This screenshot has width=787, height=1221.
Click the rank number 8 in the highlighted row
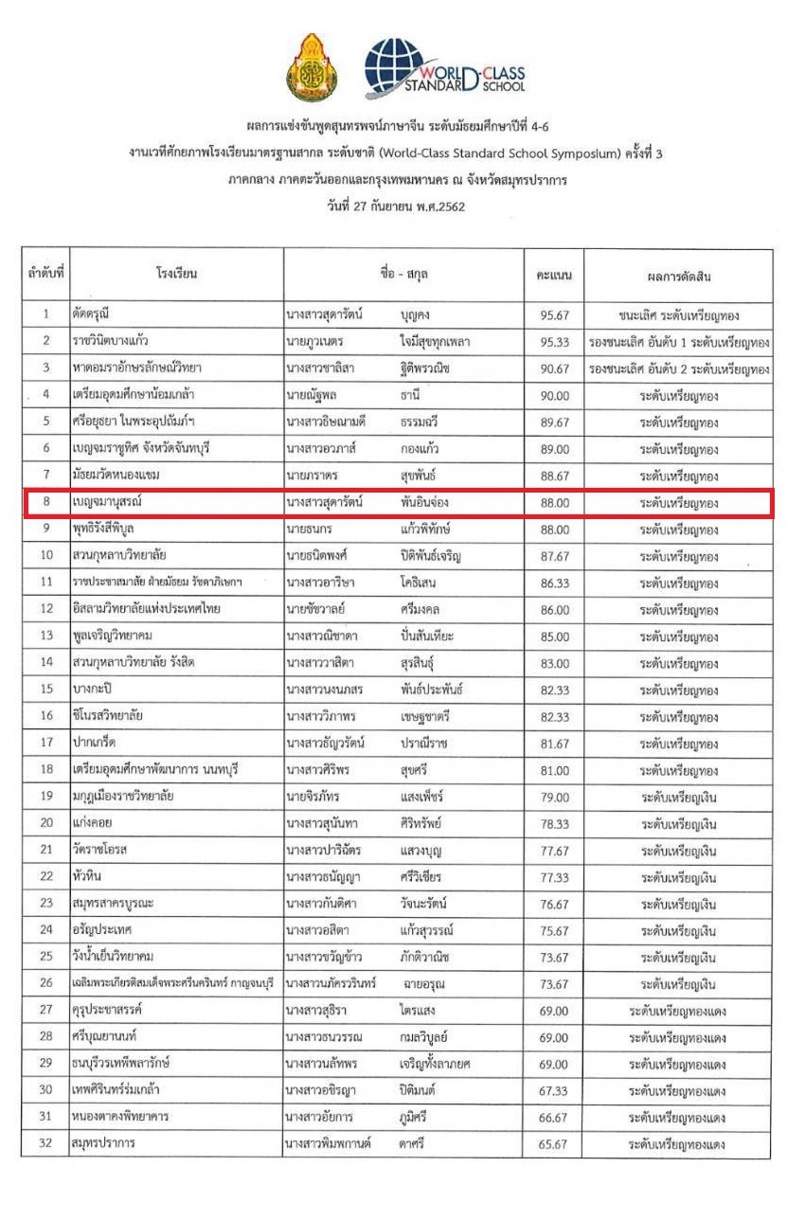(45, 503)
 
